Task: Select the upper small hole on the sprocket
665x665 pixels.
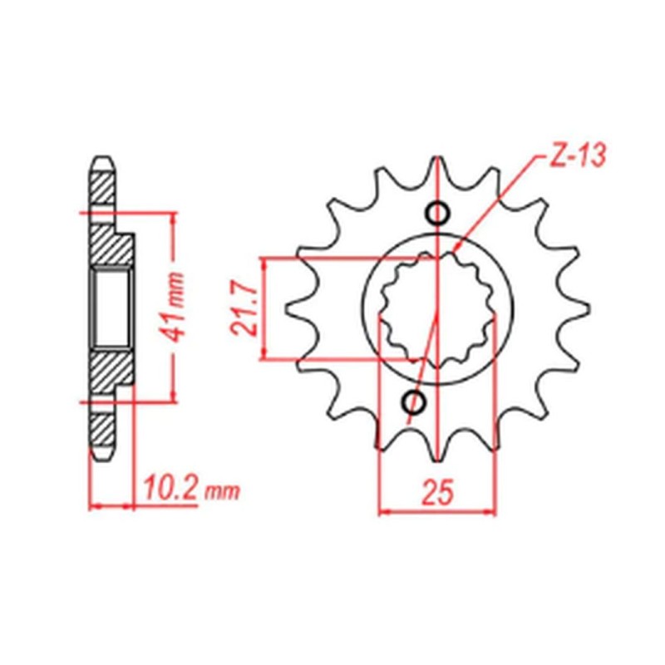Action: [x=437, y=214]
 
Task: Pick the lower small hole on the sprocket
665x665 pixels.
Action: [x=413, y=403]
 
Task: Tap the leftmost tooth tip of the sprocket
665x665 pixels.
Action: [x=288, y=309]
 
